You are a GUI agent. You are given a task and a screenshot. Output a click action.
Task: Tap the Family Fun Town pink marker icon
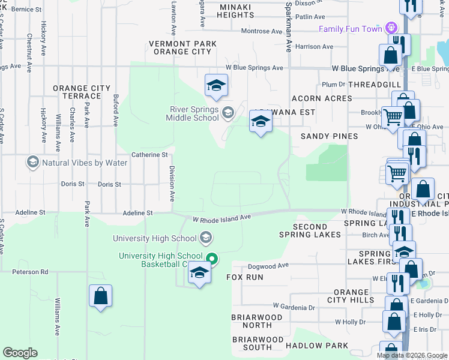[392, 28]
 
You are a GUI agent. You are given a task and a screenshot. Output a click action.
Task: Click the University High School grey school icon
[206, 238]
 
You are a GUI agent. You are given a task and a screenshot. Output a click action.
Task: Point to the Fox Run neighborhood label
[244, 277]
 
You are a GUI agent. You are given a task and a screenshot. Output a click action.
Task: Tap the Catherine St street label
[149, 155]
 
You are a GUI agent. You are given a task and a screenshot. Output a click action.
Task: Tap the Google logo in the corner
[20, 353]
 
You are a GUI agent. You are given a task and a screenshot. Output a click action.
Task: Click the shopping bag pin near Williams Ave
[100, 296]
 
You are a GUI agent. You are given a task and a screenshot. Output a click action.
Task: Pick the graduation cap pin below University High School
[199, 273]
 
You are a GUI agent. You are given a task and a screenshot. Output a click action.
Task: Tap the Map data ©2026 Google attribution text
[412, 355]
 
